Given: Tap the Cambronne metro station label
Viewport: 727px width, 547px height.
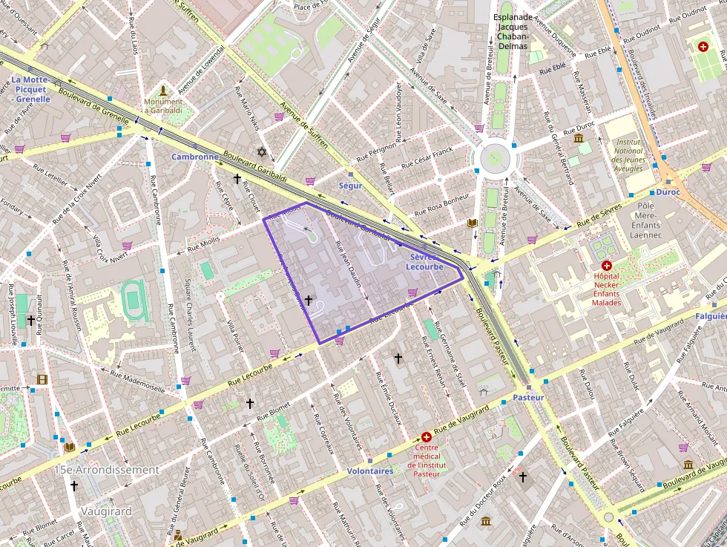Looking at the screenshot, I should tap(195, 157).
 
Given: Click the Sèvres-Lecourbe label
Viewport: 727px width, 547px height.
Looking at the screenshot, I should tap(425, 261).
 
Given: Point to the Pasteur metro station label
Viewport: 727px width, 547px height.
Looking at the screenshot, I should tap(528, 397).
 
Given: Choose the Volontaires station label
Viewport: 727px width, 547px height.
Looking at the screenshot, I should tap(370, 471).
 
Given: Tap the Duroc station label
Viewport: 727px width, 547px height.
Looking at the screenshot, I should tap(668, 191).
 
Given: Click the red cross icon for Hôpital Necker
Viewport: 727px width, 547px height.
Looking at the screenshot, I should tap(607, 265).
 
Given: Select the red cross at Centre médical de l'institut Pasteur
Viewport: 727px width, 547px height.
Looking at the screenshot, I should tap(426, 437).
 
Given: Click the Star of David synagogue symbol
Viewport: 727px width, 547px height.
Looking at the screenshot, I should tap(260, 151).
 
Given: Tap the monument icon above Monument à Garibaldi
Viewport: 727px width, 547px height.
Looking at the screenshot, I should tap(163, 90).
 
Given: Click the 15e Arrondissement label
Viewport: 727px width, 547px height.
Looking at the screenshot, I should tap(107, 470).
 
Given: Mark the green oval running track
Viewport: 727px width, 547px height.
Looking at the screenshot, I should tap(133, 301).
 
